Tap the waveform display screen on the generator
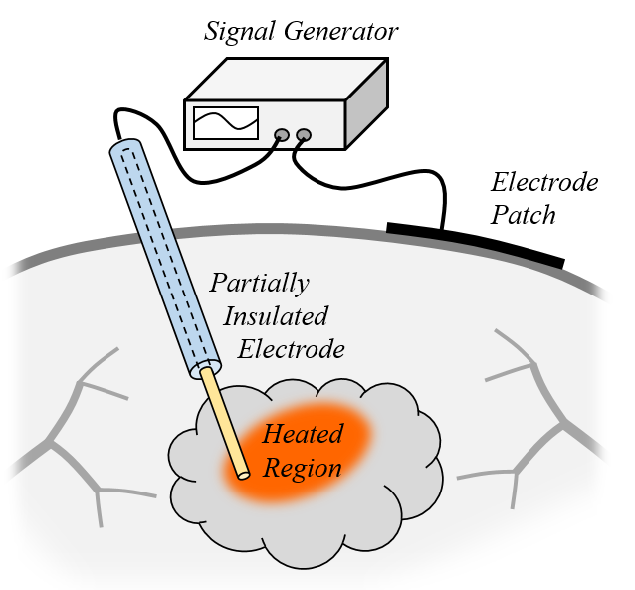226,123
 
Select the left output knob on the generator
283,134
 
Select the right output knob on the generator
304,134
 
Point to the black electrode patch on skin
475,245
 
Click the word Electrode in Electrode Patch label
544,183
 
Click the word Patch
525,215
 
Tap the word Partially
259,283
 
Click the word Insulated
276,316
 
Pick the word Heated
302,435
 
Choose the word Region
302,468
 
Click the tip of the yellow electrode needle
242,474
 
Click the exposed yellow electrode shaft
224,423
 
